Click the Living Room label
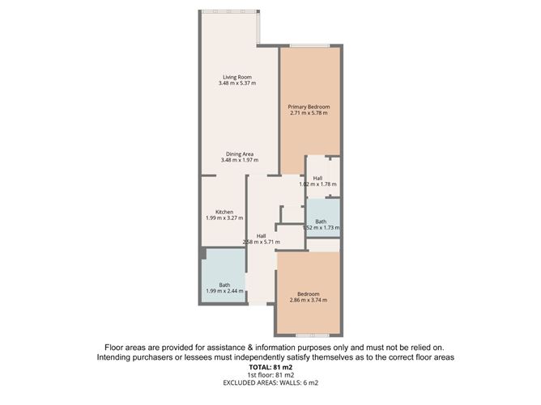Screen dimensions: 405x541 tap(237, 77)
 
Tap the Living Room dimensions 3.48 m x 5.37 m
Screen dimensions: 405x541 tap(237, 83)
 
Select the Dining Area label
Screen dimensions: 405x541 tap(240, 154)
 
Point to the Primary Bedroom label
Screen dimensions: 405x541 tap(309, 107)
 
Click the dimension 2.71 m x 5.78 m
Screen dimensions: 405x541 tap(309, 113)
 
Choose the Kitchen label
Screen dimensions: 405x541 tap(224, 212)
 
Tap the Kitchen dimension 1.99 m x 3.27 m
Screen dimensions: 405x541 tap(224, 218)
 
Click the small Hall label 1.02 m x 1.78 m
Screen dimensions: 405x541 tap(318, 178)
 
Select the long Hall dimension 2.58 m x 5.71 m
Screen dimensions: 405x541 tap(262, 242)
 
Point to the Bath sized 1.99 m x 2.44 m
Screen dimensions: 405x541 tap(224, 285)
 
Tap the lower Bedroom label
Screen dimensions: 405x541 tap(308, 293)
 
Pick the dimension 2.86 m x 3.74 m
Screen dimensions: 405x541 tap(308, 300)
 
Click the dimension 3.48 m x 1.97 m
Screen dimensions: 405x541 tap(240, 160)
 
